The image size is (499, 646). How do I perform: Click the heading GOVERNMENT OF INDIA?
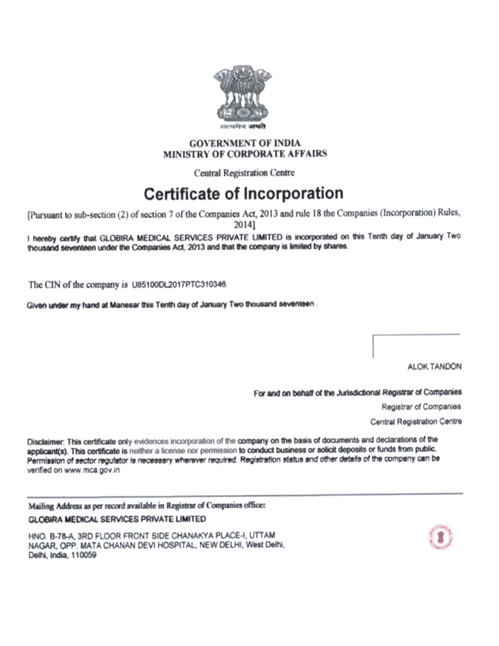click(245, 143)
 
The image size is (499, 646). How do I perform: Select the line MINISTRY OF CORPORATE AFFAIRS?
click(245, 154)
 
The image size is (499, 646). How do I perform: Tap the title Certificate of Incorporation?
click(244, 193)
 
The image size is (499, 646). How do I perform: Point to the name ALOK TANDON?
click(434, 366)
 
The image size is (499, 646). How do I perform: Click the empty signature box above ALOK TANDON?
click(416, 346)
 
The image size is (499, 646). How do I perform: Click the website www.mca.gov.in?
click(92, 470)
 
